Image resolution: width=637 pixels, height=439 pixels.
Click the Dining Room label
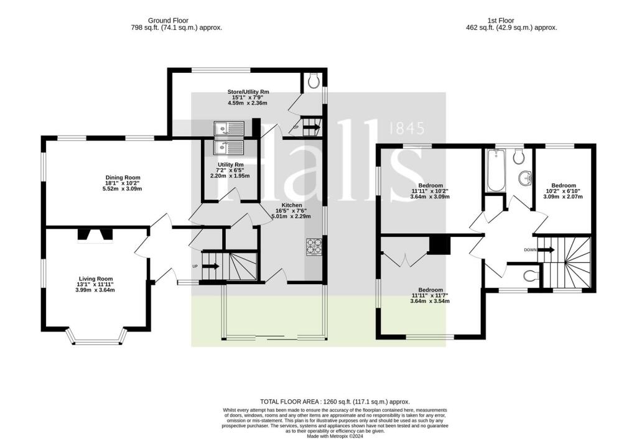[x=123, y=177]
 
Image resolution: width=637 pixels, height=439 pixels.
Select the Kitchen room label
[x=292, y=205]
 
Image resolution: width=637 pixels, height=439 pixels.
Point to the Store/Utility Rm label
[x=248, y=92]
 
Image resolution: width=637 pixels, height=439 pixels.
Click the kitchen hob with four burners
[x=314, y=247]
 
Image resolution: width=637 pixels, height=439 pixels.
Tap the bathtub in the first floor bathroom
[x=496, y=170]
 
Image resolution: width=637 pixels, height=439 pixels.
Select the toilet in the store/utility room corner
[x=314, y=81]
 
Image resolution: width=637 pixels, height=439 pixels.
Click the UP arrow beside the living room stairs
[x=211, y=266]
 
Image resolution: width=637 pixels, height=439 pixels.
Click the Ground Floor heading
[x=168, y=21]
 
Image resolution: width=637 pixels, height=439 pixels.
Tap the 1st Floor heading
[x=501, y=21]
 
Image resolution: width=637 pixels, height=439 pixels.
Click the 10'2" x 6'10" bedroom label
[x=563, y=191]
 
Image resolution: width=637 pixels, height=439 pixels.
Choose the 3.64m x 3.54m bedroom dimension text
[x=430, y=302]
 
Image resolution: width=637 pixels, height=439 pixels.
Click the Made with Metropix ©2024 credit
[x=335, y=437]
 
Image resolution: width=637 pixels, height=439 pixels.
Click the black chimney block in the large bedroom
[x=440, y=245]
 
